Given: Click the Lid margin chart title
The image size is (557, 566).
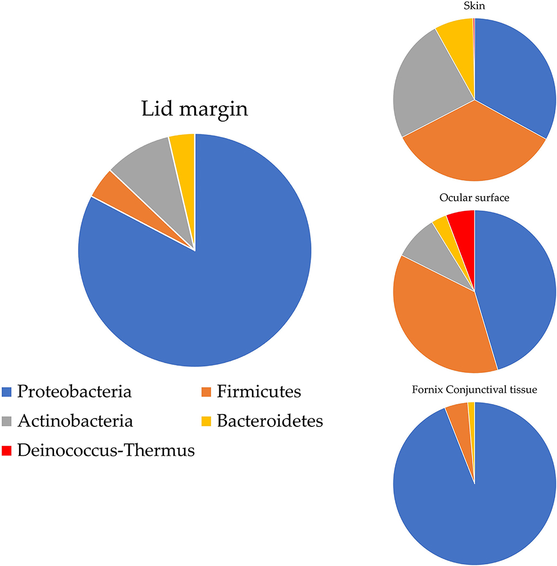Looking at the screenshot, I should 195,109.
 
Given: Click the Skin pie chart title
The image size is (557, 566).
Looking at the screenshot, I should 474,7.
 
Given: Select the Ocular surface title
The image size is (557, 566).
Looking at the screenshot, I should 474,198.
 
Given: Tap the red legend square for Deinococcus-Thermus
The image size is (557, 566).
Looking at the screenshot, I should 8,451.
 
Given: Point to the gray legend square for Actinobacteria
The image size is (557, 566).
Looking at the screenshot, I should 8,422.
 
